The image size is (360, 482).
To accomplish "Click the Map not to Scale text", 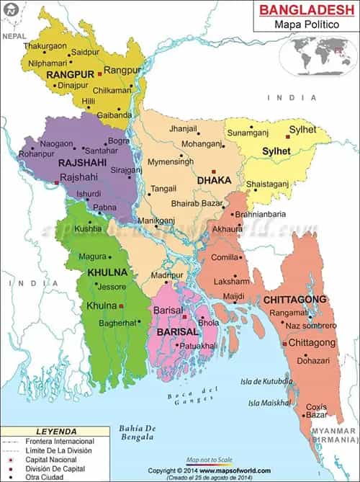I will coord(209,459).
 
